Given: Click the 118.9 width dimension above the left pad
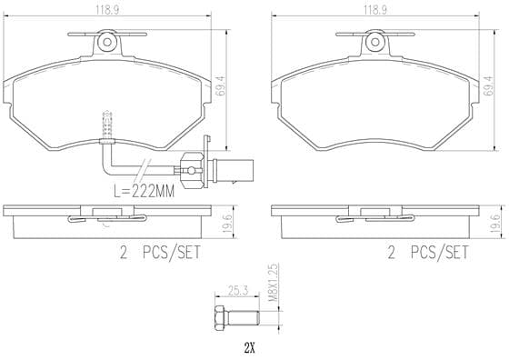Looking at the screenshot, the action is (107, 10).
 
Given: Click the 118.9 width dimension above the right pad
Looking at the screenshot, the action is (374, 10).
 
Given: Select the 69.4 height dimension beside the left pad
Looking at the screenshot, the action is (220, 85).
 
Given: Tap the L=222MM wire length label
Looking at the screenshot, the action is (145, 191).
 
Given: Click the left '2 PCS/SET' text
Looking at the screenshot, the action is (160, 252).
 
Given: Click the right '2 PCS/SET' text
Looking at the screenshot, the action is (428, 252).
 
